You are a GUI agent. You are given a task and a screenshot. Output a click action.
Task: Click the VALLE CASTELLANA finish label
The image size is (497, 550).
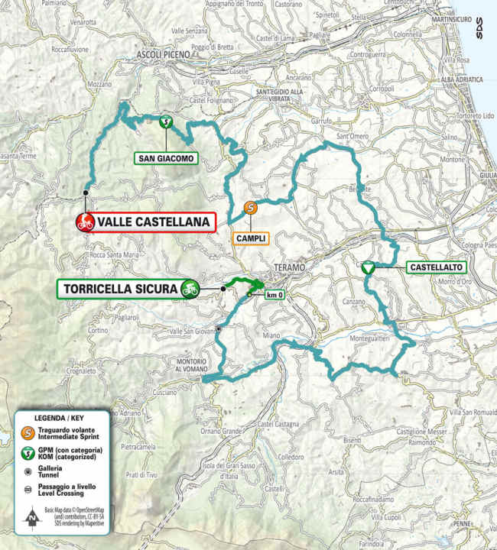click(x=153, y=222)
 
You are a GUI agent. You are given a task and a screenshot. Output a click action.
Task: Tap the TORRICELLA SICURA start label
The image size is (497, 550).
click(x=119, y=289)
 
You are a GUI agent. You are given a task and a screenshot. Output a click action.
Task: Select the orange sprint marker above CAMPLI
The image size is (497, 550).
click(x=249, y=207)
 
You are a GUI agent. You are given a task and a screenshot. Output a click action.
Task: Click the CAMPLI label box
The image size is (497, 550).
click(x=251, y=238)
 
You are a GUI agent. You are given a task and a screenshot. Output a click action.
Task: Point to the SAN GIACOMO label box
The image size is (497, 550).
click(x=166, y=159)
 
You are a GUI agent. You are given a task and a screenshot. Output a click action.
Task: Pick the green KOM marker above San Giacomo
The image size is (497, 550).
click(x=164, y=121)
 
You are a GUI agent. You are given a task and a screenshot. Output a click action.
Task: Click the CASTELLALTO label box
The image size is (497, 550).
click(x=427, y=267)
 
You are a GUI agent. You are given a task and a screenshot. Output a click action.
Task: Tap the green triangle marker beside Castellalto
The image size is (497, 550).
click(x=369, y=267)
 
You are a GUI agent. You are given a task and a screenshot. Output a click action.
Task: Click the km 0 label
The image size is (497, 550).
click(x=274, y=295)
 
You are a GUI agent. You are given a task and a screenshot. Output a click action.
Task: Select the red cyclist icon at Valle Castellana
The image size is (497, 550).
click(x=85, y=222)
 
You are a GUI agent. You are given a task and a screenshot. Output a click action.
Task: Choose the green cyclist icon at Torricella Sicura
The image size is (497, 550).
click(x=190, y=289)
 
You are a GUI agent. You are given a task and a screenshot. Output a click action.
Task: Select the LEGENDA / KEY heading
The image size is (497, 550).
click(x=55, y=419)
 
